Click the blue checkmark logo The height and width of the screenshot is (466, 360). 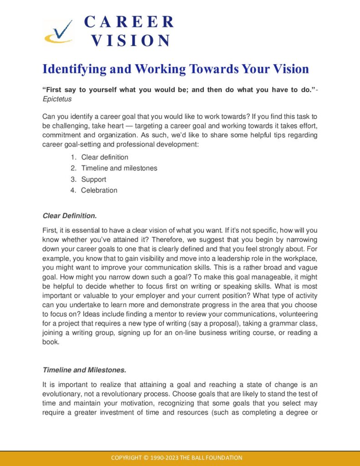pyautogui.click(x=58, y=32)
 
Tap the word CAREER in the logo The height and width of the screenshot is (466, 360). pyautogui.click(x=129, y=22)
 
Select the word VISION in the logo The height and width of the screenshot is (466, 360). pyautogui.click(x=131, y=41)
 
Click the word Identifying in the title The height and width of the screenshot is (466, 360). pyautogui.click(x=73, y=69)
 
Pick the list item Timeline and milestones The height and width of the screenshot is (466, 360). pyautogui.click(x=119, y=168)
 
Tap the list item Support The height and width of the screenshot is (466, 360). pyautogui.click(x=94, y=179)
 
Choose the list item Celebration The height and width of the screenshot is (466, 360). pyautogui.click(x=99, y=190)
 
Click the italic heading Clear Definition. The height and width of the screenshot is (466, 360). pyautogui.click(x=70, y=215)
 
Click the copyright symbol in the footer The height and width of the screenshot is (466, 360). pyautogui.click(x=147, y=458)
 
